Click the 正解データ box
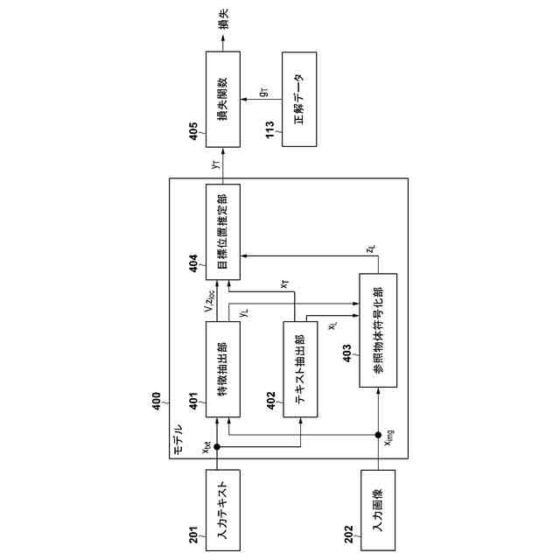(299, 99)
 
